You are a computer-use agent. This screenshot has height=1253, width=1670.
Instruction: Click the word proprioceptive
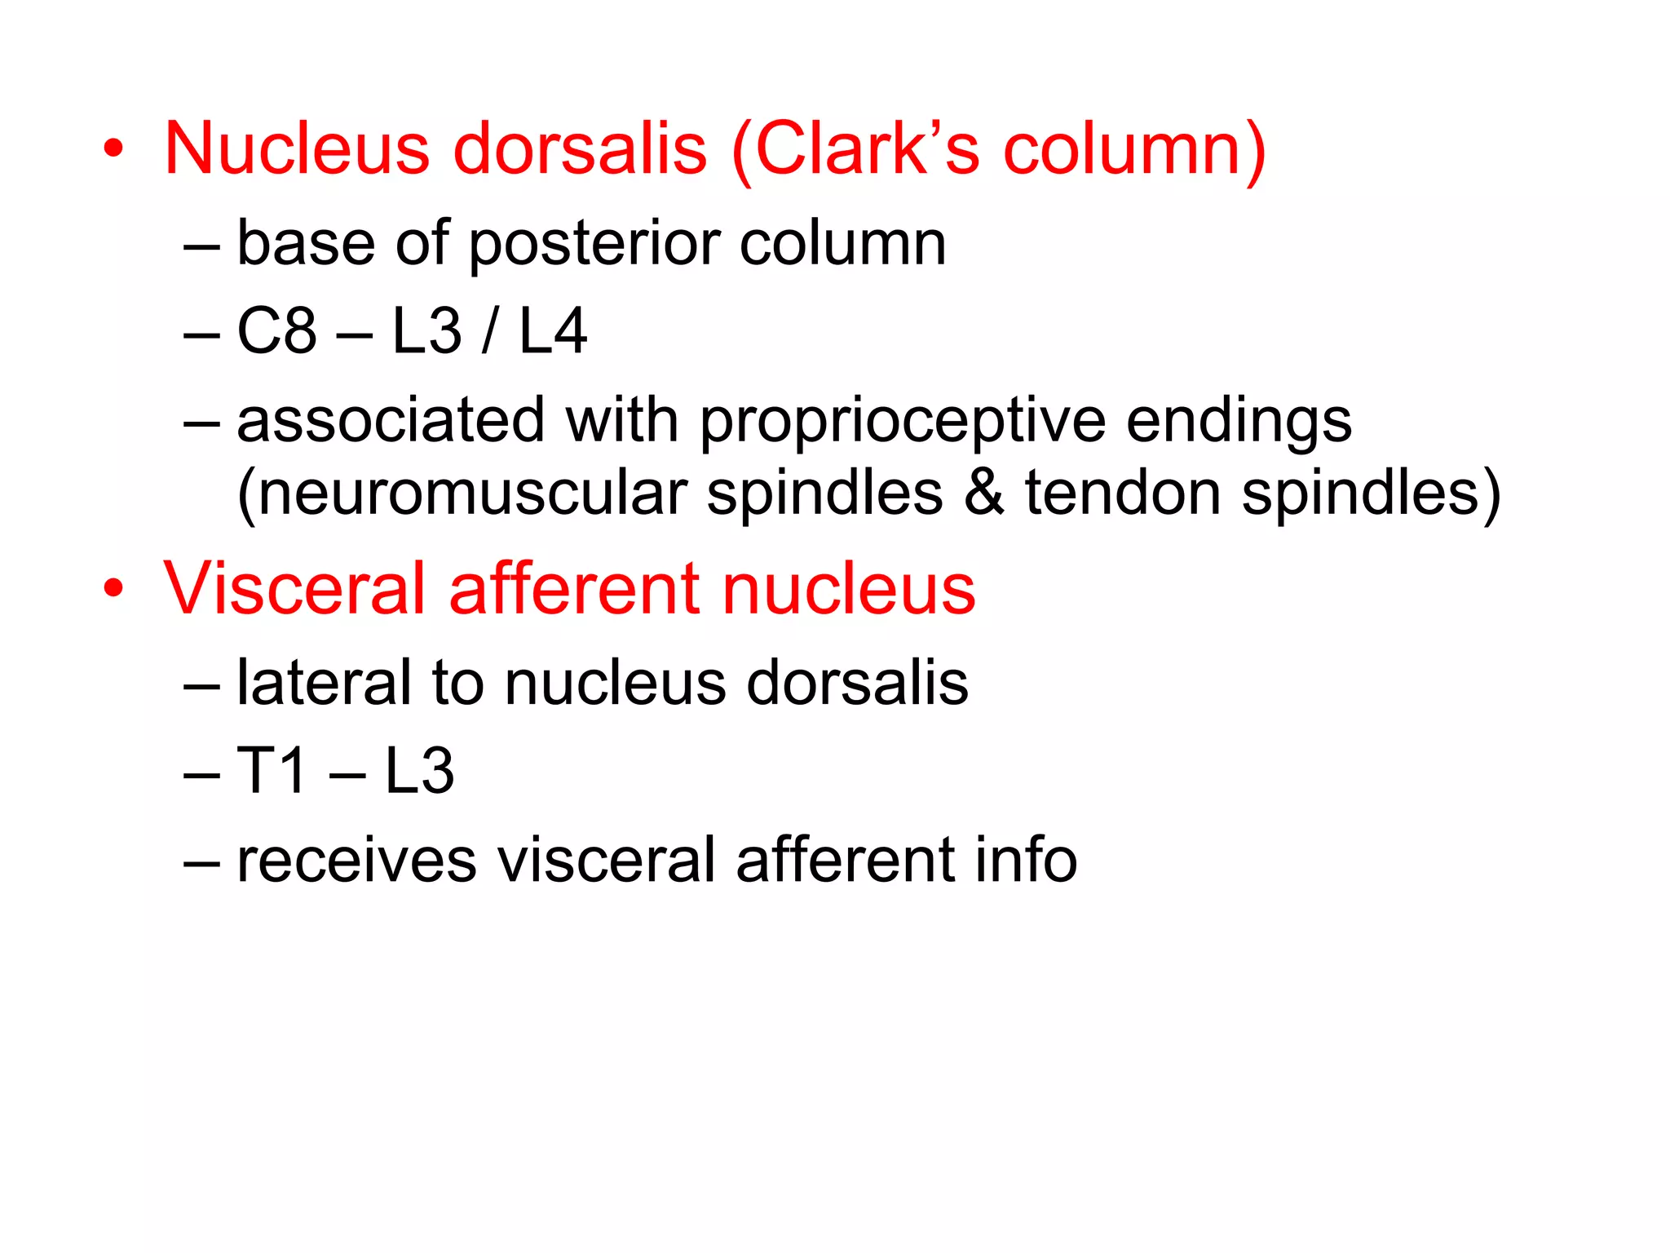[902, 423]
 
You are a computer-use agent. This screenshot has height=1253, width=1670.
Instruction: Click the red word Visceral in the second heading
[294, 588]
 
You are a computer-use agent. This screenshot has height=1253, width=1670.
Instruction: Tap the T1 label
[272, 770]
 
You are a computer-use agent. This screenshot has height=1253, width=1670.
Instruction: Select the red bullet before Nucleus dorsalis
[113, 148]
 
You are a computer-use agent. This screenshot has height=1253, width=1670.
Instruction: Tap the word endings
[1239, 423]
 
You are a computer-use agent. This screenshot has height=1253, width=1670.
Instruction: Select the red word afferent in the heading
[574, 588]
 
